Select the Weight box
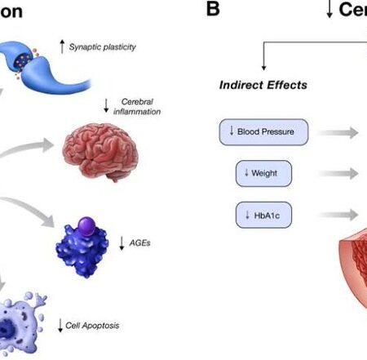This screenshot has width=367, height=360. click(x=263, y=173)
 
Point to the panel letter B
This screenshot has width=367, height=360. click(x=214, y=11)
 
